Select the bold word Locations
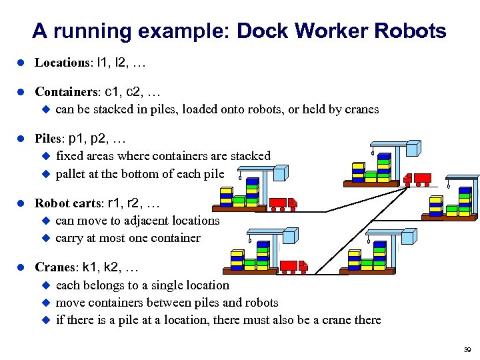[62, 63]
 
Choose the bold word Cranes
[55, 267]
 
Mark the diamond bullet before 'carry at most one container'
[47, 237]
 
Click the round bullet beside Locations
[21, 63]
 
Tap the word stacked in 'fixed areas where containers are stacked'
[250, 156]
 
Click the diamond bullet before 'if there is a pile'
[47, 319]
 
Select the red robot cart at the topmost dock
[413, 179]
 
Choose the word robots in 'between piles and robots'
[259, 302]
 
